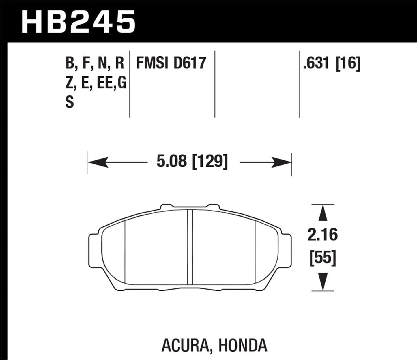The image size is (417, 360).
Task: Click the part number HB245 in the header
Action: (x=78, y=22)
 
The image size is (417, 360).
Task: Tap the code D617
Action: (x=190, y=63)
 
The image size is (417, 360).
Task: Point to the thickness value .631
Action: (x=316, y=63)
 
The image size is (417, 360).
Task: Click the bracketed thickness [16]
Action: (x=348, y=63)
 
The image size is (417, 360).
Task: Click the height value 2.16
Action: (x=322, y=235)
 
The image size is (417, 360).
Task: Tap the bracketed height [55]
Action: (x=323, y=257)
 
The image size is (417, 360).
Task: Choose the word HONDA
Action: (x=243, y=345)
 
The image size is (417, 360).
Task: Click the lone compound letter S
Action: (x=70, y=102)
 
